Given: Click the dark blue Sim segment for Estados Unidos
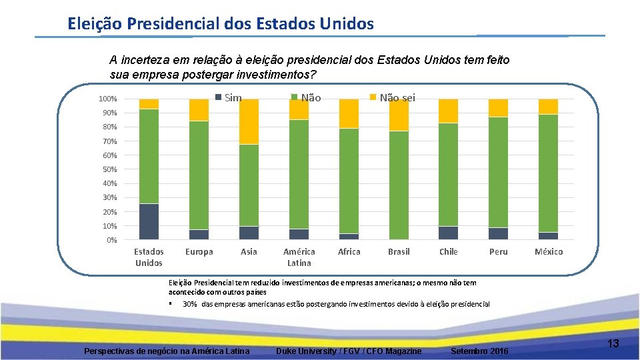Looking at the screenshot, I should pyautogui.click(x=149, y=221).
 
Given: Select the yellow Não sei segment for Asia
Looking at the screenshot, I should pyautogui.click(x=249, y=121).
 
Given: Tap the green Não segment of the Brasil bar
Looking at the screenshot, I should pyautogui.click(x=399, y=185).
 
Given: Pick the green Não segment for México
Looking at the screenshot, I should pyautogui.click(x=548, y=173).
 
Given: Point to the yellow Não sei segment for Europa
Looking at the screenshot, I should pyautogui.click(x=199, y=110).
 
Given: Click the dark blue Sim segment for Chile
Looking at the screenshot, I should pyautogui.click(x=449, y=233).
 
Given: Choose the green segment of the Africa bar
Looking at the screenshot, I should pyautogui.click(x=349, y=181).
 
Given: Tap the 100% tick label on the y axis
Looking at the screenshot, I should pyautogui.click(x=107, y=99).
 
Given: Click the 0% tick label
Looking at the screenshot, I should pyautogui.click(x=111, y=240).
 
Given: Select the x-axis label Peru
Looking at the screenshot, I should pyautogui.click(x=498, y=251).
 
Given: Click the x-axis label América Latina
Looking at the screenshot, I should pyautogui.click(x=299, y=257).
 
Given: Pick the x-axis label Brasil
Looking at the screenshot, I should pyautogui.click(x=399, y=251).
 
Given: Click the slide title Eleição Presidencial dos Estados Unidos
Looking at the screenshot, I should pyautogui.click(x=221, y=24).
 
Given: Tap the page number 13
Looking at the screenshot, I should pyautogui.click(x=613, y=343).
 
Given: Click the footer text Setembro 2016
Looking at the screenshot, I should pyautogui.click(x=479, y=351).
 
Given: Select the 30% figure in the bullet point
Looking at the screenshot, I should pyautogui.click(x=189, y=304).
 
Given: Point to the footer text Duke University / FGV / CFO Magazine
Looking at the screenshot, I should pyautogui.click(x=349, y=351).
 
